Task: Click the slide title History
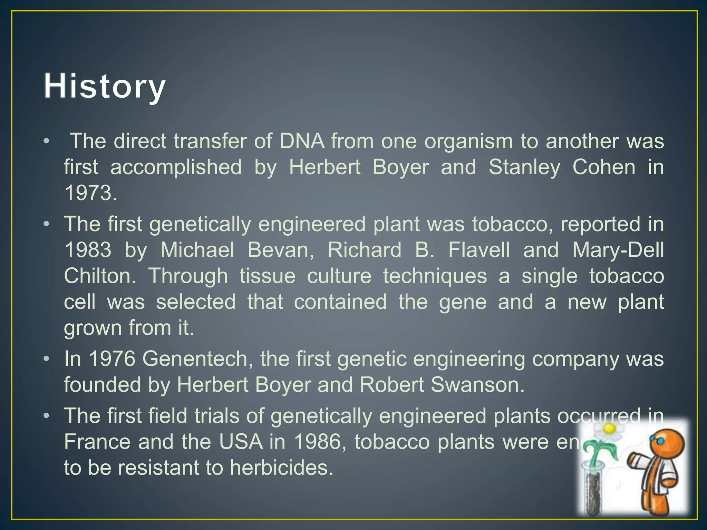tap(105, 87)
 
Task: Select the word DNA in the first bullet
tap(302, 141)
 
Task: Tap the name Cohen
tap(604, 167)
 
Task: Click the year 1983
tap(88, 250)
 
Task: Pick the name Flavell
tap(479, 250)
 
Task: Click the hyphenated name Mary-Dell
tap(618, 250)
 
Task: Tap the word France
tap(97, 442)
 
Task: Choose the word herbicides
tap(281, 468)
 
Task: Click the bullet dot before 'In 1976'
tap(47, 359)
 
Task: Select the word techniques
tap(435, 276)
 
